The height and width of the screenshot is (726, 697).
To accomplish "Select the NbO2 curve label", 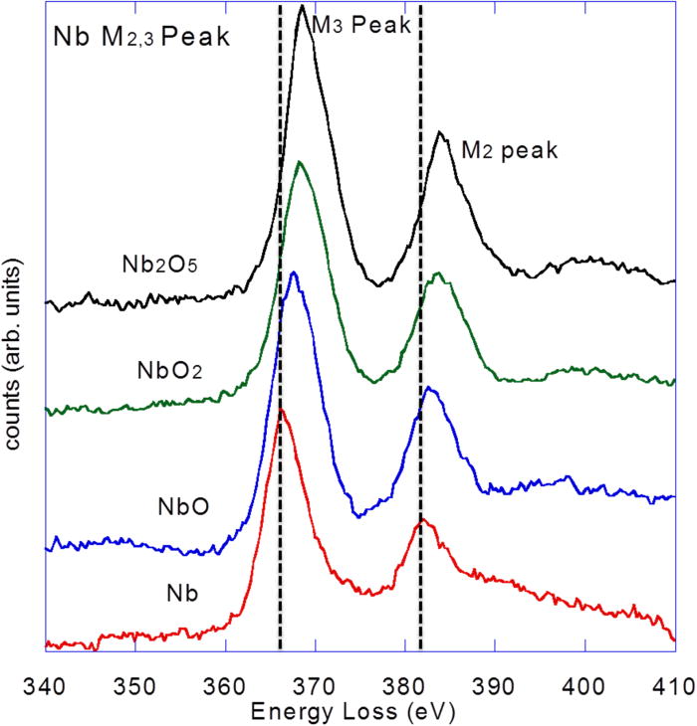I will (169, 371).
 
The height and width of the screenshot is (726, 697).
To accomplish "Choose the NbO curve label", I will (182, 507).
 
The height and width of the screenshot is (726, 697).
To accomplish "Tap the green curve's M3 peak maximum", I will (300, 160).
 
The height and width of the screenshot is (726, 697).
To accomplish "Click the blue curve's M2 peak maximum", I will (428, 389).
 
